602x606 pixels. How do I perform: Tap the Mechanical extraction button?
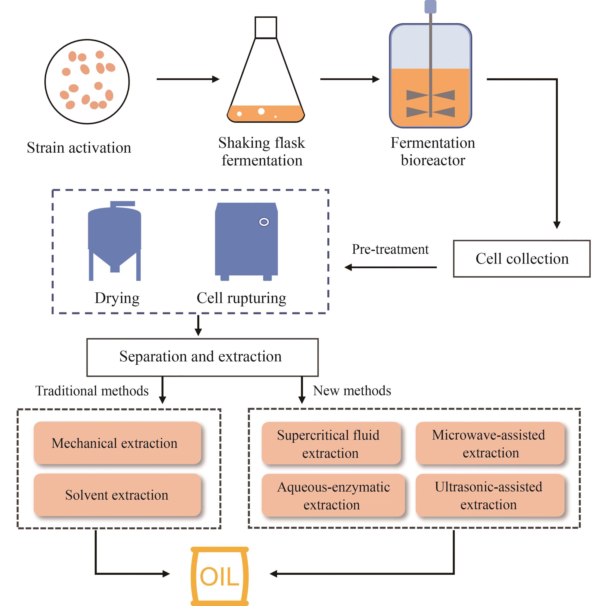117,443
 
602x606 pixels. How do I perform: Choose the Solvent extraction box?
117,495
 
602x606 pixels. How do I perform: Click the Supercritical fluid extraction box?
331,443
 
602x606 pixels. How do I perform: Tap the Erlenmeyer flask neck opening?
266,28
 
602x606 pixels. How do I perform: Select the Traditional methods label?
92,391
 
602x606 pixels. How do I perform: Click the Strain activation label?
79,148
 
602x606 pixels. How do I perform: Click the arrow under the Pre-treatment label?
390,267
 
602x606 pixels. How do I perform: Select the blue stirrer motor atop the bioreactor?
430,7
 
